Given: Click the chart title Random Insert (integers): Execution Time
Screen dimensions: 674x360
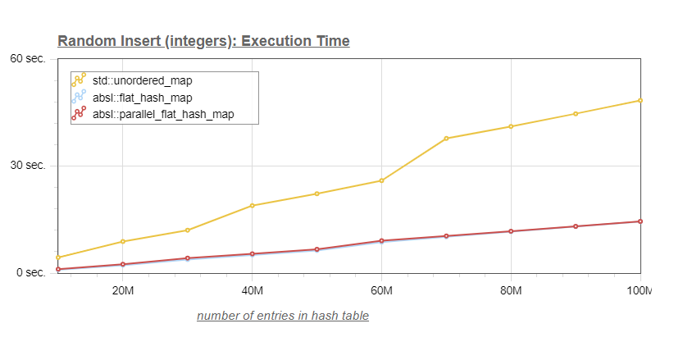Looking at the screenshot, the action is click(x=203, y=41).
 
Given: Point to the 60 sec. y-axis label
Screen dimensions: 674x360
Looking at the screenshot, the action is click(x=28, y=58).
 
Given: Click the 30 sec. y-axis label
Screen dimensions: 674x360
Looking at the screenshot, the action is click(x=28, y=166).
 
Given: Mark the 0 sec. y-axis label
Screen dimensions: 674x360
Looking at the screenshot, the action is click(x=31, y=273).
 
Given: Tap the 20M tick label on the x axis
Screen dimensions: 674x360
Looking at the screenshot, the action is click(x=123, y=291).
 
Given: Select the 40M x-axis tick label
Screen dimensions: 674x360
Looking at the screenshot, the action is click(x=253, y=291).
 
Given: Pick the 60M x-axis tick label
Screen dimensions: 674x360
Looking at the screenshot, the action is click(x=382, y=291).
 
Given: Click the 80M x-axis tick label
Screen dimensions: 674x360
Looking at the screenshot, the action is click(x=511, y=291).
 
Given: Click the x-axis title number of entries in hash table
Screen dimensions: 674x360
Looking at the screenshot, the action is click(x=283, y=316).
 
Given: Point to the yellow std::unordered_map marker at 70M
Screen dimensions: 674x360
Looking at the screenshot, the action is click(x=446, y=139).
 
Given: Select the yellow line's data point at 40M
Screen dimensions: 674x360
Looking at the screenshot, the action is click(x=253, y=206).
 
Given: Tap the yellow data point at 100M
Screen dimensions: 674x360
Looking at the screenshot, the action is click(x=640, y=101).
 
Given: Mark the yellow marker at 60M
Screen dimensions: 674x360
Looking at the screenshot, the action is click(x=382, y=180).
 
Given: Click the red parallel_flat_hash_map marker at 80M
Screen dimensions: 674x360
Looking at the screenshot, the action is click(x=511, y=231).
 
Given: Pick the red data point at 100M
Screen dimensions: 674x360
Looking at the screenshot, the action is click(x=640, y=221).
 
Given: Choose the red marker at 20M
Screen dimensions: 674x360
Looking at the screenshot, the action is click(x=123, y=265).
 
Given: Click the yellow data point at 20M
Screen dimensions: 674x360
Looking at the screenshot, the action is click(x=123, y=242).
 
